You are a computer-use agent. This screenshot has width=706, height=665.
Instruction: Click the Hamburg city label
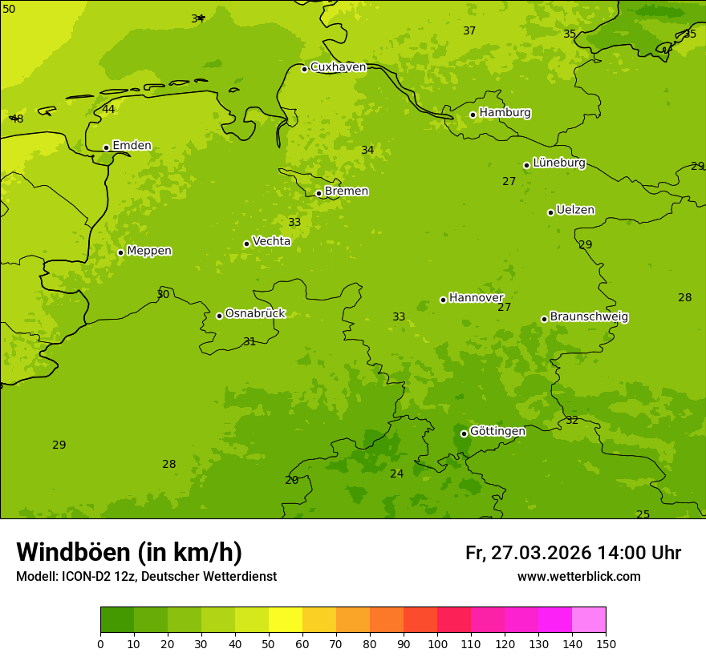[505, 113]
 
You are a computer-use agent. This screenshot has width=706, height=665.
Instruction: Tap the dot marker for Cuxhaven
[304, 69]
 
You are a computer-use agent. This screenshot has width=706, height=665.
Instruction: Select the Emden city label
[132, 146]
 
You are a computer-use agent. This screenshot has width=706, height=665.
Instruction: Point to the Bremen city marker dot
[319, 193]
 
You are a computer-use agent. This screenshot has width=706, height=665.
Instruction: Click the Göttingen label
[497, 432]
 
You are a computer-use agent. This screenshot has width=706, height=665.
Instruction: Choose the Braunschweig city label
[589, 317]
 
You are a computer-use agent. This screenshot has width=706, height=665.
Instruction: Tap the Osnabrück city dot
[219, 316]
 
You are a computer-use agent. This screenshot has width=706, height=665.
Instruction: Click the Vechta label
[271, 241]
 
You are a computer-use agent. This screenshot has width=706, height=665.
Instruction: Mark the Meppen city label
[149, 251]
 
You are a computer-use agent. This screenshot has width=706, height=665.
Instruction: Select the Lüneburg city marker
[526, 165]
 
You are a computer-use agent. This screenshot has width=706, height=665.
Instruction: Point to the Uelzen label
[575, 211]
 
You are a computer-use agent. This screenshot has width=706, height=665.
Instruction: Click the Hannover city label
[476, 298]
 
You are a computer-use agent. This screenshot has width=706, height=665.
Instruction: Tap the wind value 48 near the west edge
[17, 119]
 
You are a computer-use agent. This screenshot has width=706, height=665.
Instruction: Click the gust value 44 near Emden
[108, 110]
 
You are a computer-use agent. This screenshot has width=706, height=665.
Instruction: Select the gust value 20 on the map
[291, 481]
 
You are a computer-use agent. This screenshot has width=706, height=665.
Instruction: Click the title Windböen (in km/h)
[129, 552]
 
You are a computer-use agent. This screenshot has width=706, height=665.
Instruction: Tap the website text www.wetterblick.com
[578, 577]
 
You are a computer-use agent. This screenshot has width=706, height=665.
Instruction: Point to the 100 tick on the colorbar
[437, 643]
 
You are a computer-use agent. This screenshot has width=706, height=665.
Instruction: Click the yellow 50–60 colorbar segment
[286, 619]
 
